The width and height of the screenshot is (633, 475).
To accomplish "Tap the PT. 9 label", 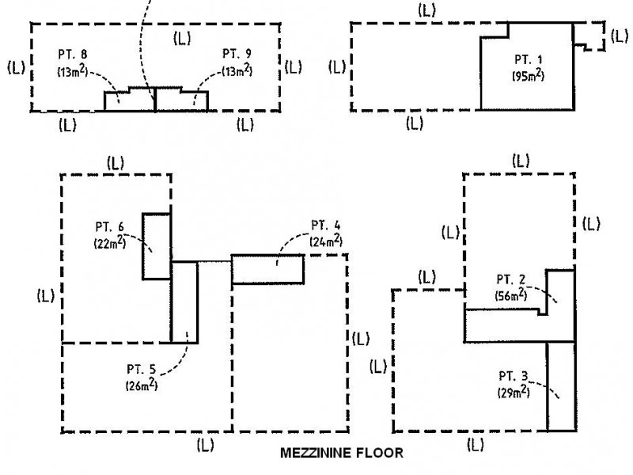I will [237, 55].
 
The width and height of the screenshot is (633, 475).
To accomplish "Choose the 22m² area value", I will [108, 245].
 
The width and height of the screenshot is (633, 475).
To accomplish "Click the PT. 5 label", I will [141, 370].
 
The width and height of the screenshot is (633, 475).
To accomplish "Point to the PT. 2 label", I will [512, 279].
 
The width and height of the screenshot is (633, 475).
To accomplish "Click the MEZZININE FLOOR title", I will [342, 454].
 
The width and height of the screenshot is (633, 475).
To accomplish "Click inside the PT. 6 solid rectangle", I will [156, 245].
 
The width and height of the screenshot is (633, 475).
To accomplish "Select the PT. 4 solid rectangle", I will [267, 268].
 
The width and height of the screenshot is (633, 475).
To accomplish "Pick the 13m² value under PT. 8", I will [71, 71].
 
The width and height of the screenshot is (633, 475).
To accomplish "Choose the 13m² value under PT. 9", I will [237, 71].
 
